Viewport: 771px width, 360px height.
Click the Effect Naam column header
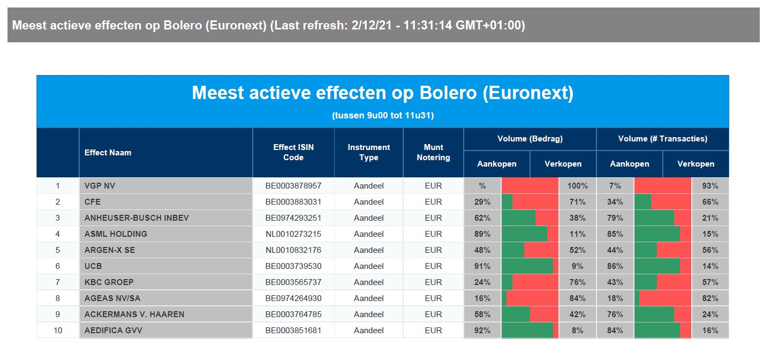(108, 153)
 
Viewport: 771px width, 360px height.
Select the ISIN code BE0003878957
(293, 186)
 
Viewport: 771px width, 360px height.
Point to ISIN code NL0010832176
(293, 250)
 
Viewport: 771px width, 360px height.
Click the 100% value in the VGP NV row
(578, 186)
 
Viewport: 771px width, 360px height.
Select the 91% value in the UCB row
(482, 266)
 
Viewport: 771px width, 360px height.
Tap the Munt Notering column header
(433, 152)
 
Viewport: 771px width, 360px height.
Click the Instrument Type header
(368, 152)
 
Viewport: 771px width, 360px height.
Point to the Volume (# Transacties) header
(663, 139)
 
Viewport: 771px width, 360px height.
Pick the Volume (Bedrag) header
(530, 139)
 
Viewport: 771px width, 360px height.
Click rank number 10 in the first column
(58, 331)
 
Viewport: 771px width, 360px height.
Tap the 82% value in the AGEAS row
(710, 298)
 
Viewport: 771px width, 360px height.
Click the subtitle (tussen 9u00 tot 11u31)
(383, 115)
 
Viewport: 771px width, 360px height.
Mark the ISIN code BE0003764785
(293, 314)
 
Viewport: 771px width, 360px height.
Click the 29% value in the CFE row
(482, 202)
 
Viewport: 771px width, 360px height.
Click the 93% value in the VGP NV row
(710, 186)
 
